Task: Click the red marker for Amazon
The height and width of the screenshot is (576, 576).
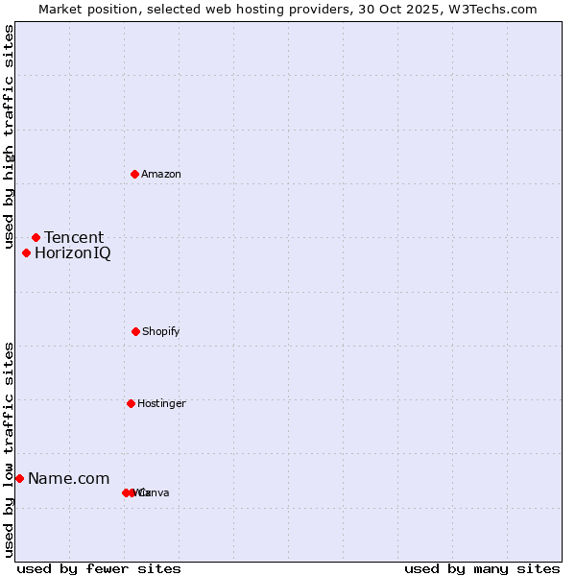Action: pos(135,174)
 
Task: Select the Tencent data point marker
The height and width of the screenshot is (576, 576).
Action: pos(36,237)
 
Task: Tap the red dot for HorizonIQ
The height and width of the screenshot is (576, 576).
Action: pos(27,253)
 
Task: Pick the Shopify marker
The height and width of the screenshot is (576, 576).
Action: pos(135,331)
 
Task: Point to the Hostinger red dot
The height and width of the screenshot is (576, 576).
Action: pos(131,403)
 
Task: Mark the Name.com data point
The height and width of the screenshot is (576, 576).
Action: pos(19,478)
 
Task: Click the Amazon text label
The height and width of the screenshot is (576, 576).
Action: pos(161,174)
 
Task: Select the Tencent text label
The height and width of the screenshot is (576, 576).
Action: pos(74,237)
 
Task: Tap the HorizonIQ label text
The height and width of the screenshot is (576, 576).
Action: pos(72,253)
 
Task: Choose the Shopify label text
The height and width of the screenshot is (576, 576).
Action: pos(161,331)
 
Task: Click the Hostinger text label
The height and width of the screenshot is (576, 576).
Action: pos(161,403)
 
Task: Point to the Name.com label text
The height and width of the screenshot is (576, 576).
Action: pos(68,478)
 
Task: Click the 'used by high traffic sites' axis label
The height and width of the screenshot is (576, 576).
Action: pos(9,137)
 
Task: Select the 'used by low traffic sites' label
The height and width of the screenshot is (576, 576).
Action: pos(9,449)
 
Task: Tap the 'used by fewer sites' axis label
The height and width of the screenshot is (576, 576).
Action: pos(99,568)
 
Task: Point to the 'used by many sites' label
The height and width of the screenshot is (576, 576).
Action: pos(482,568)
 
